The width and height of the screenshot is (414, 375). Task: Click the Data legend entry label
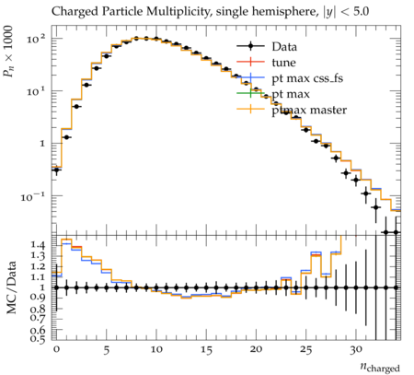(x=284, y=47)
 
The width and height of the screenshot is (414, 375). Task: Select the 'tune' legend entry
(x=283, y=63)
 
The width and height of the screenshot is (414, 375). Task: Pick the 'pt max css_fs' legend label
(x=307, y=78)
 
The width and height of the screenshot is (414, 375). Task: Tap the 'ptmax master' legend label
(x=309, y=110)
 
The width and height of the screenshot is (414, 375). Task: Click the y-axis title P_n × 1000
(x=9, y=51)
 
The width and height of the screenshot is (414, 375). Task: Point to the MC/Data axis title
(x=11, y=287)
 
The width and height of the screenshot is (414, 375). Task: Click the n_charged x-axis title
(x=380, y=367)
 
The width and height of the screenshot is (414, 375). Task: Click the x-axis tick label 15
(x=206, y=349)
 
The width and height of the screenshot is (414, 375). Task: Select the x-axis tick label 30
(x=356, y=349)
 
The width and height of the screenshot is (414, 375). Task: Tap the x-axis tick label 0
(x=56, y=349)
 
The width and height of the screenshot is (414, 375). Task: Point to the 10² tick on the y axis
(x=36, y=39)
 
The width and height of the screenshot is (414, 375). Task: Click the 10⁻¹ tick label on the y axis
(x=33, y=197)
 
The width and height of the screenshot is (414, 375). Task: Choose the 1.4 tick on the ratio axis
(x=37, y=245)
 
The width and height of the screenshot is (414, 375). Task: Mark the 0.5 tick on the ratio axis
(x=37, y=338)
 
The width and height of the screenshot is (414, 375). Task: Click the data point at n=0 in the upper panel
(x=56, y=170)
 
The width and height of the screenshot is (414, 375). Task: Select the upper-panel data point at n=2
(x=76, y=107)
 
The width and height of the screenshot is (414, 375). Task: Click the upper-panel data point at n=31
(x=366, y=193)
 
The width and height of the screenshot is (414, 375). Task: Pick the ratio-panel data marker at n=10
(x=156, y=287)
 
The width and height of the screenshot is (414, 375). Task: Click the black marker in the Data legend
(x=250, y=46)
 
